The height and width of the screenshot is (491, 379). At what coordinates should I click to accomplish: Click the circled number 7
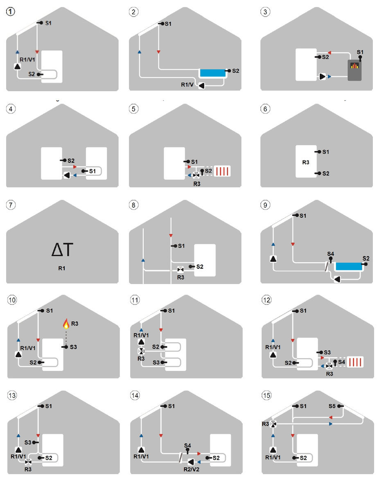(11, 205)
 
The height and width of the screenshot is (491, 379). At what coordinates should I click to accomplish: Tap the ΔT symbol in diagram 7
(62, 250)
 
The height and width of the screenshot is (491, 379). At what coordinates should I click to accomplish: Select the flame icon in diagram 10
(66, 324)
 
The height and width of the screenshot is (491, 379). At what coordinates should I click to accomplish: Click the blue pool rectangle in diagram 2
(213, 73)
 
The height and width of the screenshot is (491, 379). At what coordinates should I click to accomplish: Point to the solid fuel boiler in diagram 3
(354, 70)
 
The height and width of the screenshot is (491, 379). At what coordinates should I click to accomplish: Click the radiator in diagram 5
(222, 171)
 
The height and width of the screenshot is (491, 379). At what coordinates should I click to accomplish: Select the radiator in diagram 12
(355, 362)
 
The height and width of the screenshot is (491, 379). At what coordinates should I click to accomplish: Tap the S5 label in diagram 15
(332, 406)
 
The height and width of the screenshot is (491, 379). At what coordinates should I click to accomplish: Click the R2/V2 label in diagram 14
(191, 469)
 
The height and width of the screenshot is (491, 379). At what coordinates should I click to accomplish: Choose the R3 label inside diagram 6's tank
(306, 162)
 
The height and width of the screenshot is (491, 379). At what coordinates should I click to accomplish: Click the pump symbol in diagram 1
(18, 67)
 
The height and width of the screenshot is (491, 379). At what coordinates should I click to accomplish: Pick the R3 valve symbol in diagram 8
(180, 269)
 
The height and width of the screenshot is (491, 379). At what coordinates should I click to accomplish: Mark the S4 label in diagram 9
(330, 254)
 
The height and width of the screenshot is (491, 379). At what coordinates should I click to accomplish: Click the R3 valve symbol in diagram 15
(273, 424)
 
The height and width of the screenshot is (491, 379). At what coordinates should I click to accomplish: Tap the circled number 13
(12, 395)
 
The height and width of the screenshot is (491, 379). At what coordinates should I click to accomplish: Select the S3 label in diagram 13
(28, 442)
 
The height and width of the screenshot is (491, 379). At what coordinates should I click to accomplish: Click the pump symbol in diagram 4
(67, 175)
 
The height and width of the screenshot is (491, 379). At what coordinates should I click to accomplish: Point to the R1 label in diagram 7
(62, 268)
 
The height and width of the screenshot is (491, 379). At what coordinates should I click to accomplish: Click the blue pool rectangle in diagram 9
(349, 266)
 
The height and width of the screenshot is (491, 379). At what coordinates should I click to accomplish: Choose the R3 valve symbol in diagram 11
(141, 351)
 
